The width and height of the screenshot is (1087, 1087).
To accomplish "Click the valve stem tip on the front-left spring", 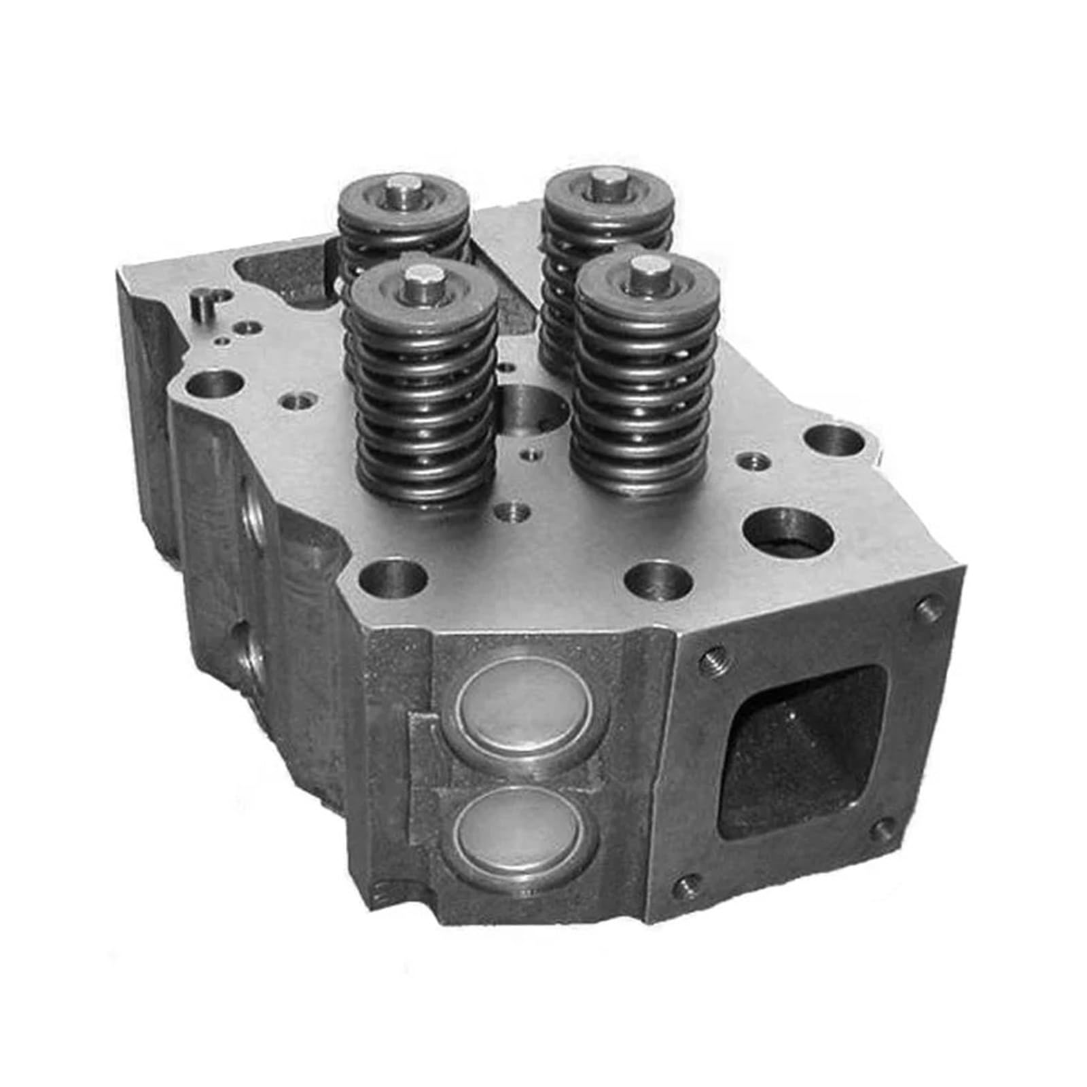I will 418,279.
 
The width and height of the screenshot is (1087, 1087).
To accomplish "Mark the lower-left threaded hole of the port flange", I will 686,883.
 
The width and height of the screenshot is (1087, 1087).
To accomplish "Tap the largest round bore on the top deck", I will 788,533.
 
